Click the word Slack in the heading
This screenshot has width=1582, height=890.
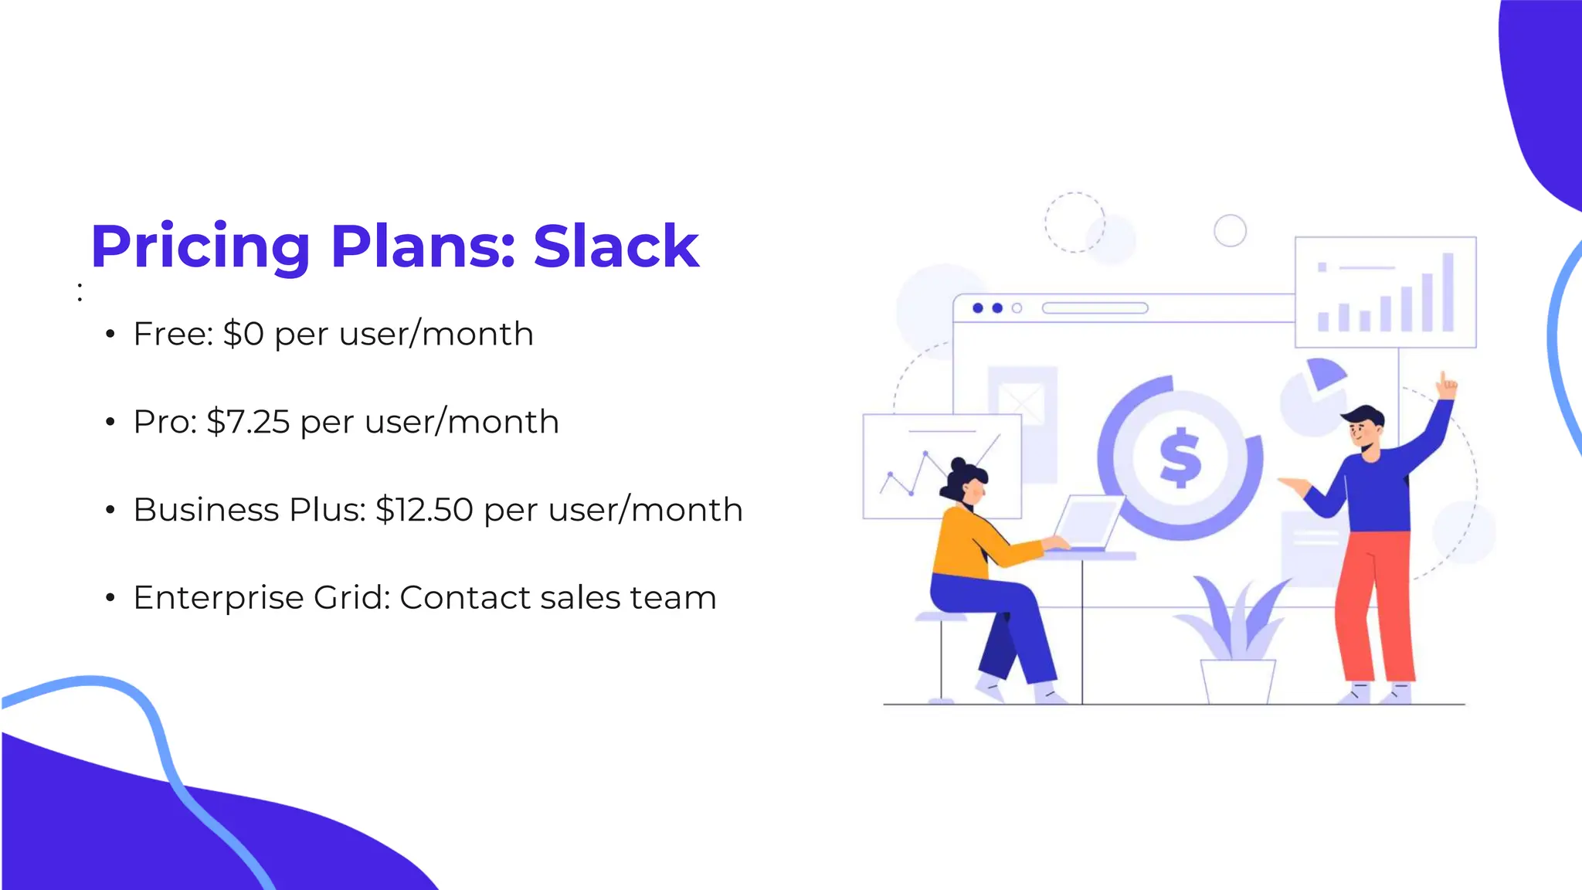point(616,246)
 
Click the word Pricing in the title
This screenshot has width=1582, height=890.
point(200,248)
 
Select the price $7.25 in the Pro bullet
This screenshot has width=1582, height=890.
point(248,422)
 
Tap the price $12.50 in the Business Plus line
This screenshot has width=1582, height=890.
point(424,510)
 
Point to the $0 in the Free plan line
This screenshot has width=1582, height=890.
point(243,334)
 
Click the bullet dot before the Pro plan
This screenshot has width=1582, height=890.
point(110,422)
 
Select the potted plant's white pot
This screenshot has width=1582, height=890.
point(1237,681)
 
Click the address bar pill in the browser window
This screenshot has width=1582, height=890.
point(1095,308)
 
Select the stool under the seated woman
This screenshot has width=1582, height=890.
point(941,657)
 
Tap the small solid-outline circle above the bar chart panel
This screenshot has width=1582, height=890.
point(1230,230)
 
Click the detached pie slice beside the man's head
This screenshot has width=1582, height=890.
point(1326,373)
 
